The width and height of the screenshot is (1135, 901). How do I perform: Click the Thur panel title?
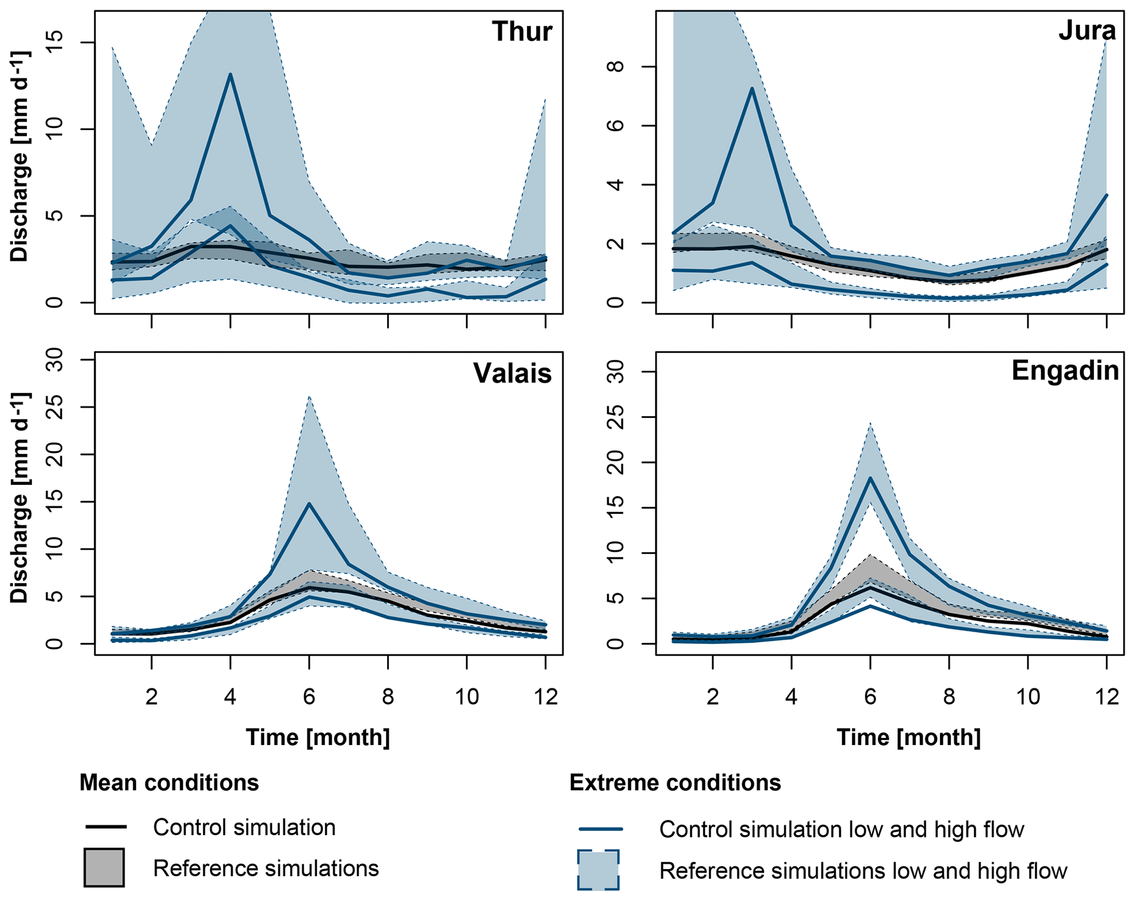pyautogui.click(x=522, y=32)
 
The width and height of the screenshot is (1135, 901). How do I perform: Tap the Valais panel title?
pyautogui.click(x=512, y=373)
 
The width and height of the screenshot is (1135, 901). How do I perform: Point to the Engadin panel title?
pyautogui.click(x=1065, y=371)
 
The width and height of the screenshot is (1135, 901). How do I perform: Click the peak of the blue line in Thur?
pyautogui.click(x=231, y=74)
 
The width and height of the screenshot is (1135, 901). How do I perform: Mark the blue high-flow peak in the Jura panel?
pyautogui.click(x=752, y=88)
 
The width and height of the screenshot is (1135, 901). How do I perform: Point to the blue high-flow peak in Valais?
pyautogui.click(x=309, y=503)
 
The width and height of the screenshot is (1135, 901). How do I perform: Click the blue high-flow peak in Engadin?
pyautogui.click(x=870, y=478)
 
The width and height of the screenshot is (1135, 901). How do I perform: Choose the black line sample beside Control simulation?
pyautogui.click(x=106, y=827)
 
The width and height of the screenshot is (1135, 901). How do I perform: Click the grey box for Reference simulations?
pyautogui.click(x=104, y=868)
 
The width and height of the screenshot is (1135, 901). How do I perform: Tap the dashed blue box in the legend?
pyautogui.click(x=598, y=870)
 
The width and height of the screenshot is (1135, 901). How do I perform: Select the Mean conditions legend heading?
pyautogui.click(x=169, y=782)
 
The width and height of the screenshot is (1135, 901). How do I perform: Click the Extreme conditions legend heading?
pyautogui.click(x=675, y=782)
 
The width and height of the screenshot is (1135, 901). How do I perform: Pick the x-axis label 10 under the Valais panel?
pyautogui.click(x=467, y=697)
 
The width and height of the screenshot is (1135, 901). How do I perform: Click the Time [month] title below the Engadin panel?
pyautogui.click(x=908, y=737)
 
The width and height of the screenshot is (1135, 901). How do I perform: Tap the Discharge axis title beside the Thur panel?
pyautogui.click(x=20, y=156)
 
